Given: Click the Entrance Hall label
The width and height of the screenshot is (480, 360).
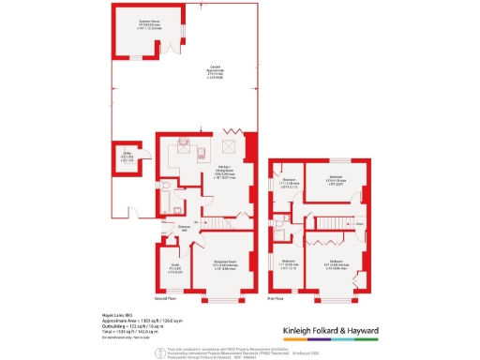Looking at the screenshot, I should click(x=186, y=227).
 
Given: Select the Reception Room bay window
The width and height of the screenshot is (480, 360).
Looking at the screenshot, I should click(x=222, y=301).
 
